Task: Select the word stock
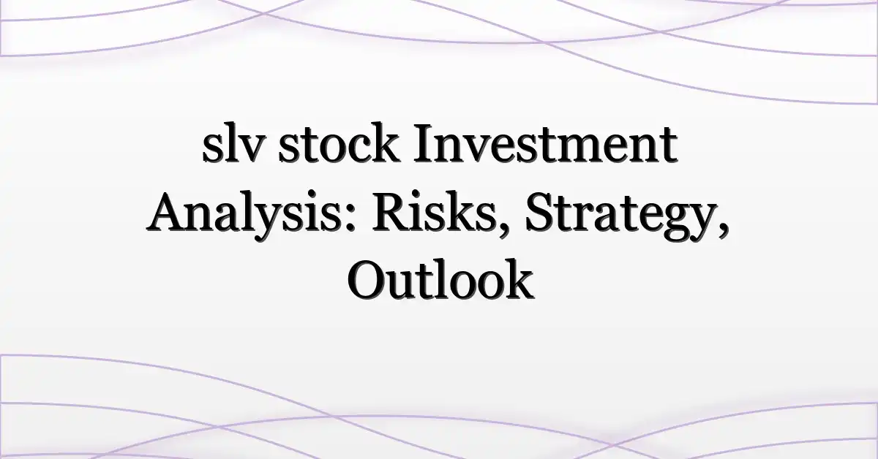[339, 144]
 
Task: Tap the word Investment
[545, 143]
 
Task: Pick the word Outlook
[440, 279]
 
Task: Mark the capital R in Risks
[393, 213]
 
